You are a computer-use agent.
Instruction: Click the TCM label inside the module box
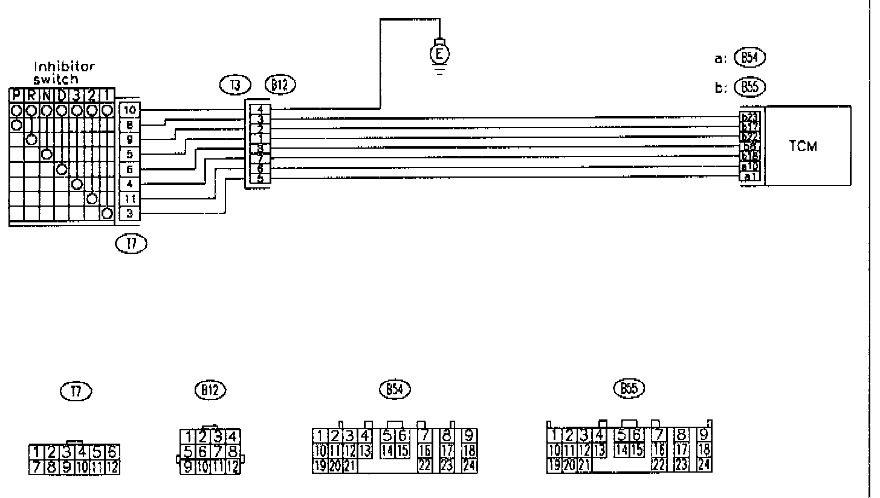pos(803,147)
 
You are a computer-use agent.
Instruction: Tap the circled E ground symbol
pos(441,54)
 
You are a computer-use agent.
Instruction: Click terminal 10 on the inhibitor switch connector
pos(130,110)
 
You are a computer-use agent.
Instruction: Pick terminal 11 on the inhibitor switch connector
pos(130,199)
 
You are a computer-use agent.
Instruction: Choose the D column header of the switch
pos(62,95)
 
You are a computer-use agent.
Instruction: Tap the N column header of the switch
pos(47,95)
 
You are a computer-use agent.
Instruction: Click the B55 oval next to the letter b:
pos(749,87)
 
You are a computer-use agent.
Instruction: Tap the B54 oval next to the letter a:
pos(749,58)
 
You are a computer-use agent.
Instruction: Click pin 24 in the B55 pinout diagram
pos(704,465)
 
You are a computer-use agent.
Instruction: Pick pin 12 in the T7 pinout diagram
pos(112,467)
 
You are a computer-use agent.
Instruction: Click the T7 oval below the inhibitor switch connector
pos(131,244)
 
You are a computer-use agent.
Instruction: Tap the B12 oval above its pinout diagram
pos(210,390)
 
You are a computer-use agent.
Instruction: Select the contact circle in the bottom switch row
pos(107,213)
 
